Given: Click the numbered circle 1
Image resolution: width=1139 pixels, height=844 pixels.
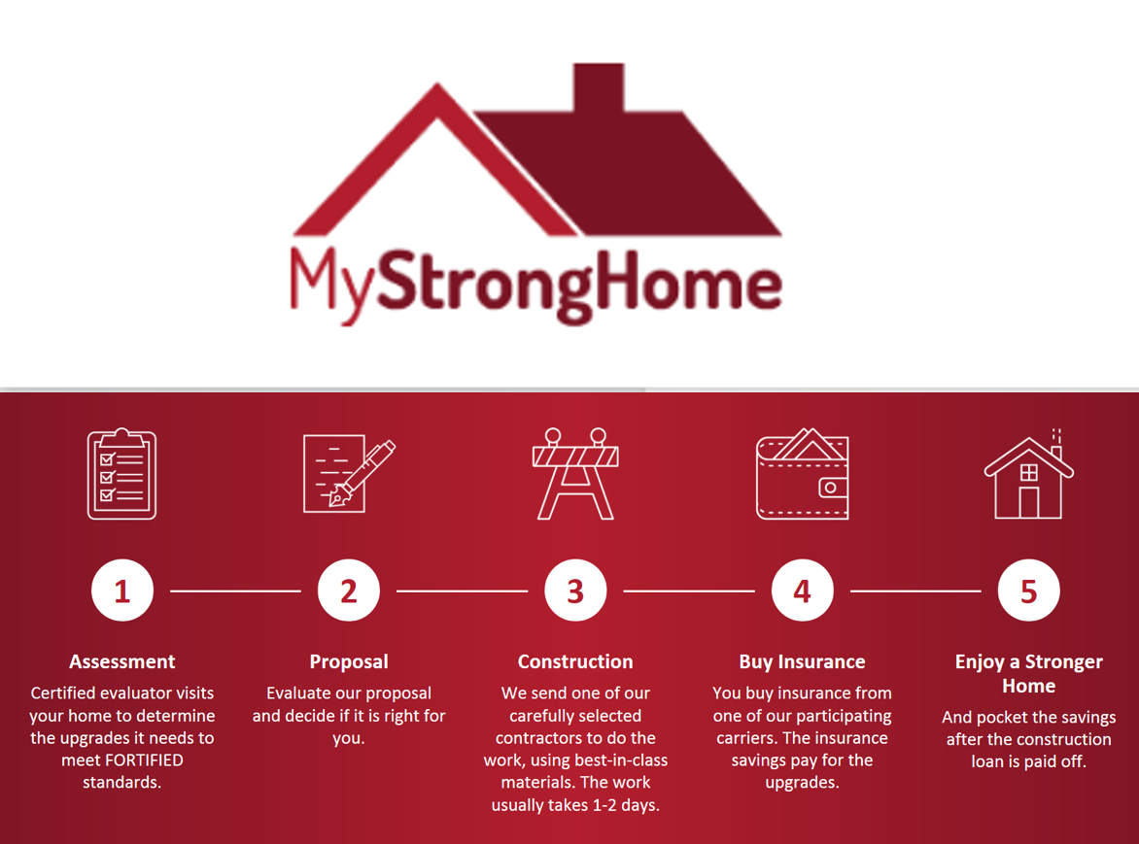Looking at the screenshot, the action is (x=122, y=591).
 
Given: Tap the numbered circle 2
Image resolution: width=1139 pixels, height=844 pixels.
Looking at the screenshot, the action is (x=349, y=591).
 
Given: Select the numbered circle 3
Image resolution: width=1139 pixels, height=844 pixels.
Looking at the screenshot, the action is (x=575, y=591).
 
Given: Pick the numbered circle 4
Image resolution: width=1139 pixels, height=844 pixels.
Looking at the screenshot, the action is (x=802, y=591).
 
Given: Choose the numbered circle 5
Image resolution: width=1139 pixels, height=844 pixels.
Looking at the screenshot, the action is (x=1028, y=591).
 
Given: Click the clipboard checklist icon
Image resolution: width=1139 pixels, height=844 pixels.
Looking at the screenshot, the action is (x=122, y=474).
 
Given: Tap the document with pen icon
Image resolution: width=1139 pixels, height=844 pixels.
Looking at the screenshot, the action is (x=349, y=474).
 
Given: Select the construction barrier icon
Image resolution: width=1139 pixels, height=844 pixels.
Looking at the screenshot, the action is (x=575, y=474).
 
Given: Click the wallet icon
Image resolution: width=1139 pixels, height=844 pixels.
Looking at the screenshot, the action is (x=802, y=474).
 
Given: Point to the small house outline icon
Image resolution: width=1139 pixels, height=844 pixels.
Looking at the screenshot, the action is (x=1028, y=474).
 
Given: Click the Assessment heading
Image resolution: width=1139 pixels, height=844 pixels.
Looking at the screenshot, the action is (x=122, y=661).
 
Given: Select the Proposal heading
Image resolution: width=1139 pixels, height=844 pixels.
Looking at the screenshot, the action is (x=349, y=661).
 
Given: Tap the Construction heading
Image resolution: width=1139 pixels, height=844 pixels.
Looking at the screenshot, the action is (x=575, y=661).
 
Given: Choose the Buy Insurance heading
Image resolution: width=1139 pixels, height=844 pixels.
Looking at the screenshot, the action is (x=802, y=661).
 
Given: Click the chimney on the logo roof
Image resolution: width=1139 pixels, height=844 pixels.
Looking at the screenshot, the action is (x=599, y=87).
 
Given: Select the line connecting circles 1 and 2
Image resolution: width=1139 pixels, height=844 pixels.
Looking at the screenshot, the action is (x=235, y=591).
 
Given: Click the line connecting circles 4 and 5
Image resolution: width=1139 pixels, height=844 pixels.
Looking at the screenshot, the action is (x=915, y=591).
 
